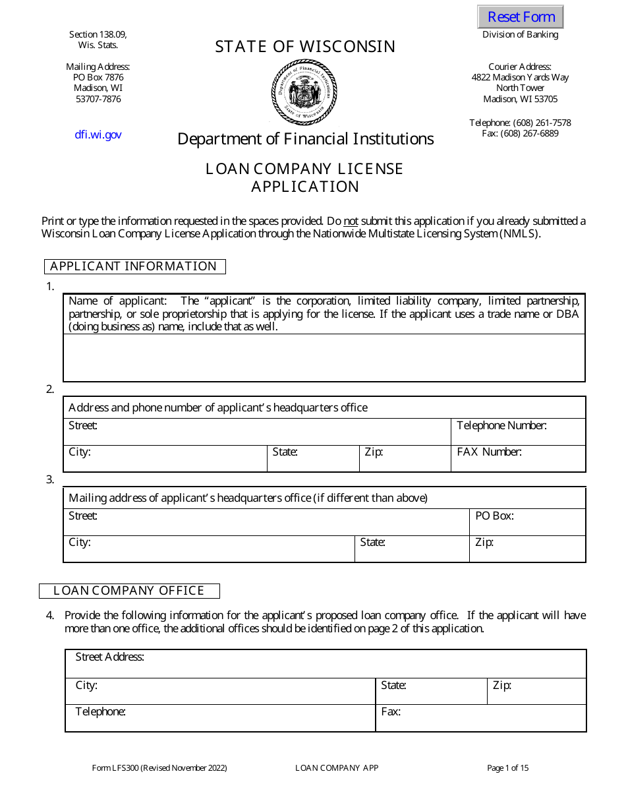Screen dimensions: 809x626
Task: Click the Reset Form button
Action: click(x=521, y=17)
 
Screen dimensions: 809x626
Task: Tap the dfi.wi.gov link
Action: click(x=98, y=135)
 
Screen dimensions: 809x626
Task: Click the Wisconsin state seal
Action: click(x=304, y=92)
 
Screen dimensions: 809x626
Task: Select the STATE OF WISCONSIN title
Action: click(x=305, y=47)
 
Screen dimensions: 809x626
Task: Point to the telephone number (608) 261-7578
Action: click(x=520, y=123)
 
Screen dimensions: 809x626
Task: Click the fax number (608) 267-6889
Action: click(x=520, y=133)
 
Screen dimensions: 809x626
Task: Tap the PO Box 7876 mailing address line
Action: click(x=98, y=77)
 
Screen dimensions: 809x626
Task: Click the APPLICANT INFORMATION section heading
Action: click(x=134, y=266)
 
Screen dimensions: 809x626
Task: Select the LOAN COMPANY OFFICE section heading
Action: click(x=129, y=591)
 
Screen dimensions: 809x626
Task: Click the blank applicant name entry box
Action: click(x=324, y=357)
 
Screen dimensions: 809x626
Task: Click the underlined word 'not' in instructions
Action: click(x=351, y=221)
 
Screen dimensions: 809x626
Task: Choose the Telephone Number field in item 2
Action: click(x=518, y=432)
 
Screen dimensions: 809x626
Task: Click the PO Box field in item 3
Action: click(x=527, y=522)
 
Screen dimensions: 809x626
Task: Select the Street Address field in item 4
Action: click(x=326, y=663)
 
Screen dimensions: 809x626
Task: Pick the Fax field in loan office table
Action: click(x=480, y=718)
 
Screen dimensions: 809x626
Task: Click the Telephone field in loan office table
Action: click(x=220, y=718)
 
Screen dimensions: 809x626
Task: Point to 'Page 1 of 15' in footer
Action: click(x=507, y=767)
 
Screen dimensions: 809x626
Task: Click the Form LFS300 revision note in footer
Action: click(x=159, y=767)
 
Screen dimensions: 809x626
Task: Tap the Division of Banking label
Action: click(x=520, y=35)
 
